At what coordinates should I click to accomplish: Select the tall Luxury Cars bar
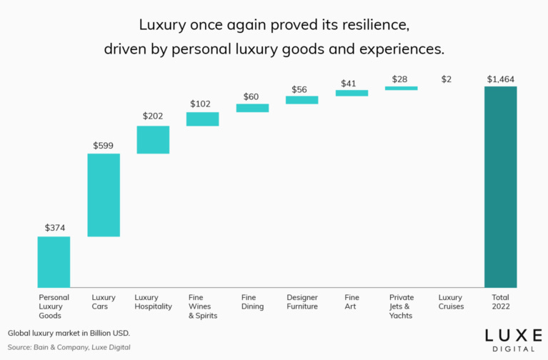click(x=104, y=195)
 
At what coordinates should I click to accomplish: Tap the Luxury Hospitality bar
click(x=153, y=140)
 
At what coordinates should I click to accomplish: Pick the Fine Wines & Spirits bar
click(x=203, y=119)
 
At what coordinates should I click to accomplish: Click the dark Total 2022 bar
click(x=500, y=186)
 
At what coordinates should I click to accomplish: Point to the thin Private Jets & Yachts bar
click(x=401, y=88)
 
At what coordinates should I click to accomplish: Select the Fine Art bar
click(x=352, y=93)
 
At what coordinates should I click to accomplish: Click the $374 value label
click(x=54, y=228)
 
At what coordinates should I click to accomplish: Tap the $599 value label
click(x=104, y=145)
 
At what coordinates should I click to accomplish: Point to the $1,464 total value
click(x=500, y=79)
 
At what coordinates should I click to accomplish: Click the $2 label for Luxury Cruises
click(x=447, y=79)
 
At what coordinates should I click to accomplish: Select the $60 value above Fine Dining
click(x=251, y=96)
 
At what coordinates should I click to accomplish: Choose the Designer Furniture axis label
click(x=302, y=301)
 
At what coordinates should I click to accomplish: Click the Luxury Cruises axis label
click(x=451, y=301)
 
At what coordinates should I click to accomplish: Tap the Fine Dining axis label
click(x=252, y=301)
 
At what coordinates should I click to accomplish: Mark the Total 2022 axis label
click(x=500, y=301)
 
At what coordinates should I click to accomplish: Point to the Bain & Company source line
click(x=69, y=347)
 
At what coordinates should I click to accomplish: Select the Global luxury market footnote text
click(x=69, y=334)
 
